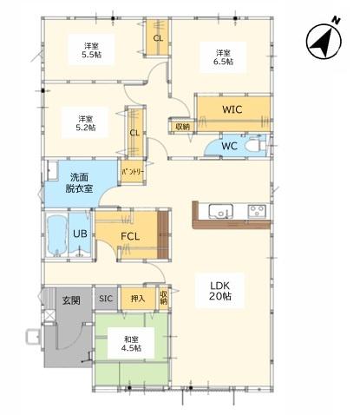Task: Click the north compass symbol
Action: (324, 41)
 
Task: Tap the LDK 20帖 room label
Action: (219, 291)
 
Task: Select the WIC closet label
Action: (232, 109)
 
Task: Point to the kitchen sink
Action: (221, 211)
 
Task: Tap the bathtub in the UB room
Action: (57, 235)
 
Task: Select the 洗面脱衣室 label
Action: (79, 183)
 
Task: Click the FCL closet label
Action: (130, 236)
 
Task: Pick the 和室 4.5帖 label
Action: (131, 344)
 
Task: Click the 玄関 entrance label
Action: (71, 300)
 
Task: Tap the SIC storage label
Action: (106, 299)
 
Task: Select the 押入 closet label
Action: (138, 299)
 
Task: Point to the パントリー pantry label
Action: (133, 172)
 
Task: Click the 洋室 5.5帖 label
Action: (91, 50)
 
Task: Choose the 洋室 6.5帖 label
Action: (223, 57)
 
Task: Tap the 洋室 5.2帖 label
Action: (86, 123)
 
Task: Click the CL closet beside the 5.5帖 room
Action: (158, 37)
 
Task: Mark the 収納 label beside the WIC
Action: (183, 127)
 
